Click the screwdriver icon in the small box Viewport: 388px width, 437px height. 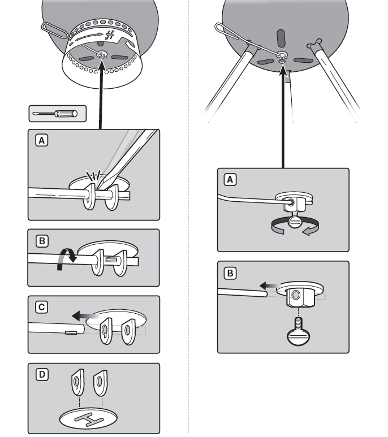[57, 113]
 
